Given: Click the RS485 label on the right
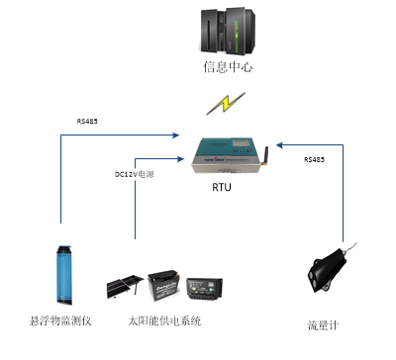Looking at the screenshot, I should pyautogui.click(x=314, y=158).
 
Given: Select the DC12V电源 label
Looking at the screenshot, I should pyautogui.click(x=135, y=174).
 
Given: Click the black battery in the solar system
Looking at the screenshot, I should pyautogui.click(x=166, y=288).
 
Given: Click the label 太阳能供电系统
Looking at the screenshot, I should pyautogui.click(x=164, y=321).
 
